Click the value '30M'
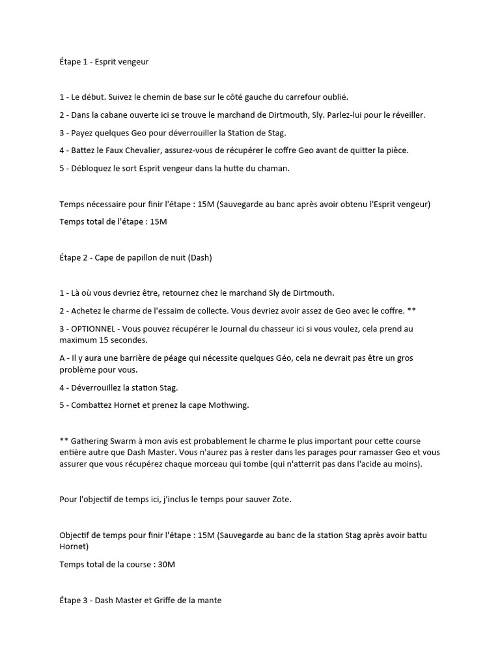[167, 565]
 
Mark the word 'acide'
[373, 464]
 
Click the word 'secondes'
[130, 340]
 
